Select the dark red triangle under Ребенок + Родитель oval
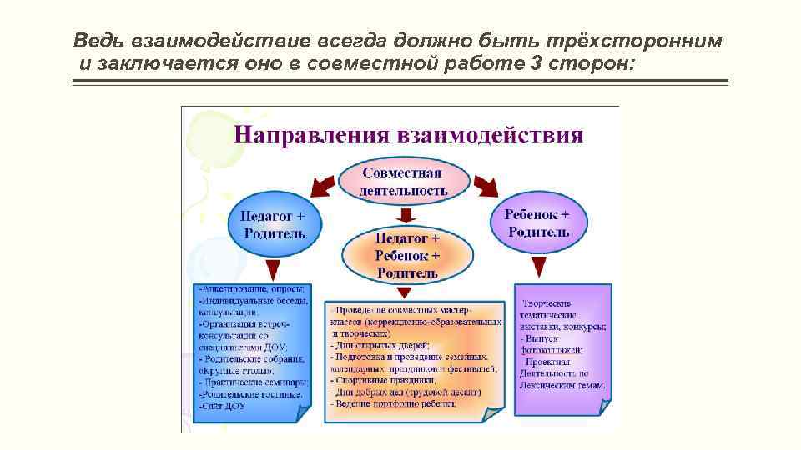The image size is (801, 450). coord(539,266)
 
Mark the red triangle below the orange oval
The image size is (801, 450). coord(405,291)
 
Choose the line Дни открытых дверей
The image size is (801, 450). coord(382,344)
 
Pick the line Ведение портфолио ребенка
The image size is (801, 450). coord(395,404)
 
